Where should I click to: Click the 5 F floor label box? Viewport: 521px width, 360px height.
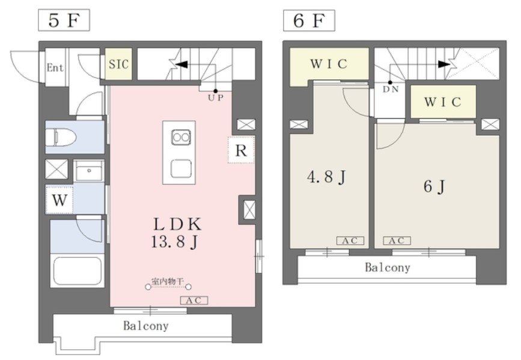click(64, 20)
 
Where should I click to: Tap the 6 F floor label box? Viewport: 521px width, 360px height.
click(309, 20)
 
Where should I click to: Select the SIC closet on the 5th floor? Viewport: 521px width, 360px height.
click(118, 64)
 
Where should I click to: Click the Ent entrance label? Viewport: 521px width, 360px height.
click(55, 68)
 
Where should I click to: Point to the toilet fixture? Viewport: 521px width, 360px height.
click(61, 137)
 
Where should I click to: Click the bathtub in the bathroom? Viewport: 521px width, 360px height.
click(78, 270)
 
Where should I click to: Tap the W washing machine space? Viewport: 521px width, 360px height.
click(59, 200)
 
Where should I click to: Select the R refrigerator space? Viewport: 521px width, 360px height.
click(241, 150)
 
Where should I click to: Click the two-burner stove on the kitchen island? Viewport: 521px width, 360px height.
click(181, 137)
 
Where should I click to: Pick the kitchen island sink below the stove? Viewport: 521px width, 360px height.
click(181, 168)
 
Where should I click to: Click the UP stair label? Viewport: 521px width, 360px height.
click(216, 98)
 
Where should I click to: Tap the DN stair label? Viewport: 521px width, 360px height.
click(391, 90)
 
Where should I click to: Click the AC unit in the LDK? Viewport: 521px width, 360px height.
click(194, 301)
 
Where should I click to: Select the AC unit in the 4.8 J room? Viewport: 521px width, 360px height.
click(350, 240)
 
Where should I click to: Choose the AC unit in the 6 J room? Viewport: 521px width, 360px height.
click(397, 240)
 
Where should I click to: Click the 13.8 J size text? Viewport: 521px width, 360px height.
click(174, 242)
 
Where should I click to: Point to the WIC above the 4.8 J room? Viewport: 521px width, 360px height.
click(329, 64)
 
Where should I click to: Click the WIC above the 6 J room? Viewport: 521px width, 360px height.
click(443, 102)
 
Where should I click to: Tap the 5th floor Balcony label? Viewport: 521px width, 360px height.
click(146, 326)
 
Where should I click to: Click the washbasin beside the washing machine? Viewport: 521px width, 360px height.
click(89, 171)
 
